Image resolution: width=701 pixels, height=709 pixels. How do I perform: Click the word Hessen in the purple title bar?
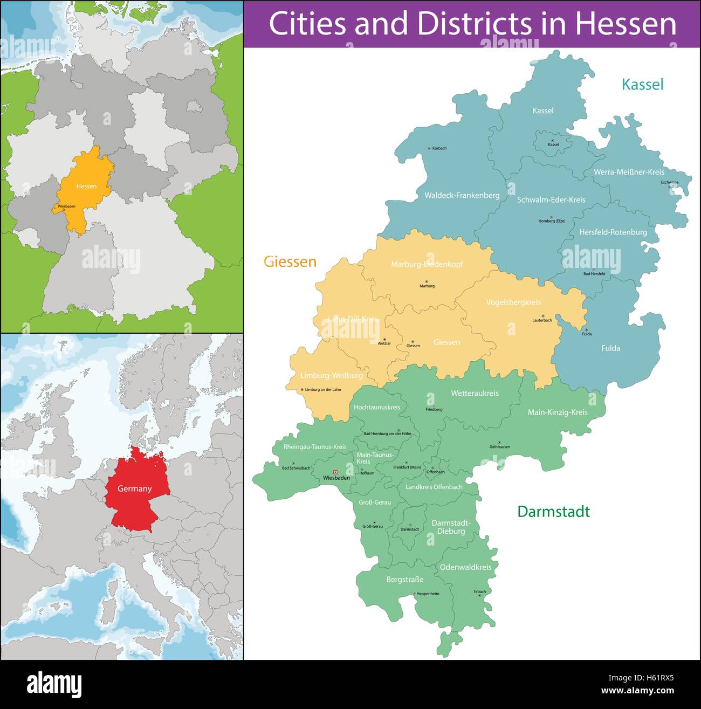(625, 24)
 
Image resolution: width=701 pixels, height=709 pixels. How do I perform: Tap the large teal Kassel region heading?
(642, 84)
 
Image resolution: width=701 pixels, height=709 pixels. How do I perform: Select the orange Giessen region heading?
(290, 262)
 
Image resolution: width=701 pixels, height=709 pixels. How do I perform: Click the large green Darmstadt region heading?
(553, 512)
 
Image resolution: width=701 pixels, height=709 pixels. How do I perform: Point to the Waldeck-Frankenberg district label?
(462, 195)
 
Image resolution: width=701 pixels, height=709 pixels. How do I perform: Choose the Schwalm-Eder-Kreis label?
(551, 199)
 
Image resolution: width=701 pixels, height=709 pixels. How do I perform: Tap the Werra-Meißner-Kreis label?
(629, 172)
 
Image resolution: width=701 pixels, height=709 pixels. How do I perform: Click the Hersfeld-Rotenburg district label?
(613, 232)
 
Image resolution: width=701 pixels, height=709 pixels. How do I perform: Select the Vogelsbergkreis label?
(513, 302)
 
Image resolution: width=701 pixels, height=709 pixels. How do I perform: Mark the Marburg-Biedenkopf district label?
(427, 264)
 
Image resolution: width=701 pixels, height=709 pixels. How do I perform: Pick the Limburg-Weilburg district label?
(331, 375)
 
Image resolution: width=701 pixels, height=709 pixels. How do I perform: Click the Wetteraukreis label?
(475, 393)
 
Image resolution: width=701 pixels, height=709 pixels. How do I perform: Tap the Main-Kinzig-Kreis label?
(557, 412)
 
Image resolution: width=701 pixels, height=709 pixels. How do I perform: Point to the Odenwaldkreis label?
(465, 567)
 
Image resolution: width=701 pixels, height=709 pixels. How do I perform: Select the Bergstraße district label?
(404, 580)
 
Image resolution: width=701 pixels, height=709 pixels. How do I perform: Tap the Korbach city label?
(439, 148)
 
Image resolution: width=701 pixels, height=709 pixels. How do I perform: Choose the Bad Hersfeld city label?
(594, 274)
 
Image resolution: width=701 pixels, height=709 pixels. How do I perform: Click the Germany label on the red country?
(135, 488)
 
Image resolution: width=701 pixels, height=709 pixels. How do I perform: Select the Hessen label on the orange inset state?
(86, 186)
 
